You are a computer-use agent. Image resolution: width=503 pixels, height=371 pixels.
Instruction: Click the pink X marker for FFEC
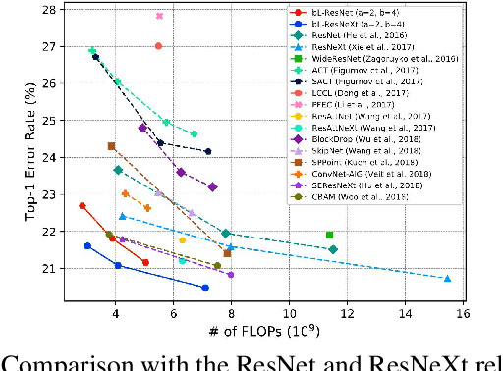coord(160,16)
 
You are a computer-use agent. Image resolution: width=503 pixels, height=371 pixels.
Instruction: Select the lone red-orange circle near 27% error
coord(159,46)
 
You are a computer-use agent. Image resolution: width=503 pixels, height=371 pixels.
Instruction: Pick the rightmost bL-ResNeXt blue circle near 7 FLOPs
coord(205,288)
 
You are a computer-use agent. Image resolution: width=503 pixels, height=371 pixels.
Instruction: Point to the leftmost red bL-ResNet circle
coord(83,206)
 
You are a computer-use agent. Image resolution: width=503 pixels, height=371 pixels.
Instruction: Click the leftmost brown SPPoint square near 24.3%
coord(111,146)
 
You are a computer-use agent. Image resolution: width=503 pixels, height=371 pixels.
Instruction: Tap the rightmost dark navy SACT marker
coord(208,151)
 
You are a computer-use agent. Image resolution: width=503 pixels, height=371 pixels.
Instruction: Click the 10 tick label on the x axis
coord(289,314)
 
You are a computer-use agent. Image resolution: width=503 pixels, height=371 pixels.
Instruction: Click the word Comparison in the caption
coord(73,361)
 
